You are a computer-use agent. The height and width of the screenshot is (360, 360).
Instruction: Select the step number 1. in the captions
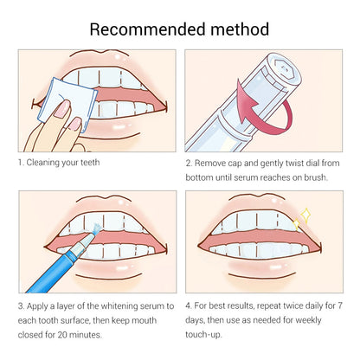pyautogui.click(x=21, y=162)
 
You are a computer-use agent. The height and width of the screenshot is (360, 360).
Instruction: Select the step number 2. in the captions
pyautogui.click(x=190, y=162)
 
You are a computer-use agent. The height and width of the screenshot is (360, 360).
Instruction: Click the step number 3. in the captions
pyautogui.click(x=22, y=307)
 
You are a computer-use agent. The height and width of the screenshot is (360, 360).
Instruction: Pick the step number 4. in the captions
pyautogui.click(x=190, y=307)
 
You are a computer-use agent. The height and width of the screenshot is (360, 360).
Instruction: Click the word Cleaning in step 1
pyautogui.click(x=47, y=162)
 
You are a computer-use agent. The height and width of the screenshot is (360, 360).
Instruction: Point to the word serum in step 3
pyautogui.click(x=152, y=307)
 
